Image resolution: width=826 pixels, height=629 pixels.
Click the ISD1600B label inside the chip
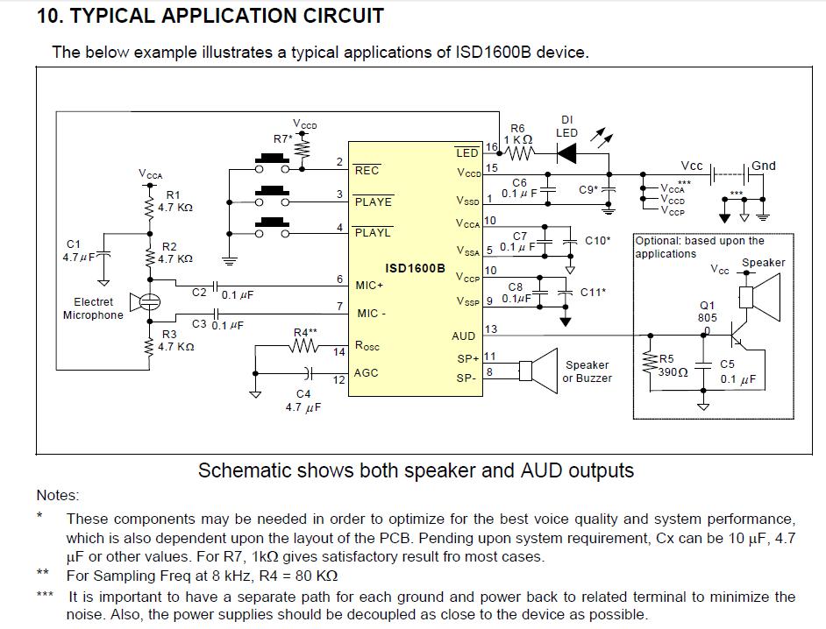415,268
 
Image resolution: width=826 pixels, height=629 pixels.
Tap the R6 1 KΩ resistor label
518,134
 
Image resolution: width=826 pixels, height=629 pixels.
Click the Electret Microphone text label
93,308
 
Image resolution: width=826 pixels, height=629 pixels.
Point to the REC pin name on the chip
367,171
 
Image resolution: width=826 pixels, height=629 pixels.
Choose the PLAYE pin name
373,202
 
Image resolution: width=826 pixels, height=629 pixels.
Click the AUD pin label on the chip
463,336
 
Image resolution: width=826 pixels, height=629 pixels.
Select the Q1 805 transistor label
708,312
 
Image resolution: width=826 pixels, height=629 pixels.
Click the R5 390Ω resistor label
673,365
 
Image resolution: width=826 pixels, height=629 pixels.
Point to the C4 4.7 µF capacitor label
303,401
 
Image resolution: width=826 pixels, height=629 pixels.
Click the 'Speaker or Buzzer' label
587,371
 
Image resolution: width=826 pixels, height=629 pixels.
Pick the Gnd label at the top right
763,166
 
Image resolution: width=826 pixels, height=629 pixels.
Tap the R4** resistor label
305,333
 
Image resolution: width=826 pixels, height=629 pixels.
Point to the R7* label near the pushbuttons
283,139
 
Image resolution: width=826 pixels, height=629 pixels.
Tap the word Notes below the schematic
58,496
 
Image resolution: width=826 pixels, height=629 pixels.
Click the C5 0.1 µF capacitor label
737,372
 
